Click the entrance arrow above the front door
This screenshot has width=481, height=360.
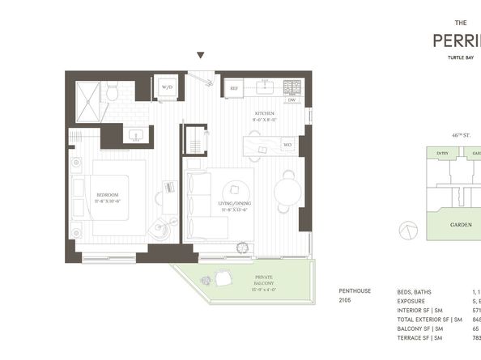tap(201, 56)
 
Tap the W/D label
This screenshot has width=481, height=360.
tap(168, 87)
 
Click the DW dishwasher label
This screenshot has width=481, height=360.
tap(291, 100)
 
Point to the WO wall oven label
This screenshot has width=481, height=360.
tap(287, 146)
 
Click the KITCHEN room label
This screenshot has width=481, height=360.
tap(266, 113)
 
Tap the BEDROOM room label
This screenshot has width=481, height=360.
tap(107, 195)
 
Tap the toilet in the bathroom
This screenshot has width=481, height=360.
tap(111, 92)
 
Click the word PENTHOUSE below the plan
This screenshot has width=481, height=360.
tap(355, 291)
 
